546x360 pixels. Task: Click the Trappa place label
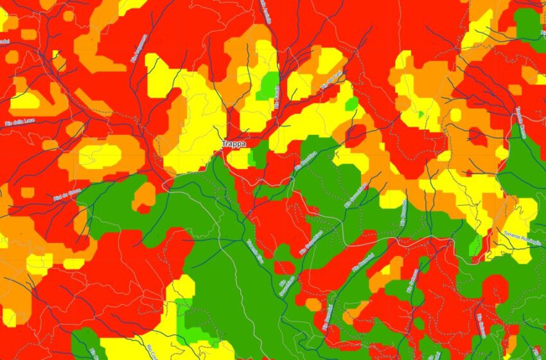pyautogui.click(x=233, y=145)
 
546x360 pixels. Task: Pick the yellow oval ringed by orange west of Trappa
pyautogui.click(x=100, y=156)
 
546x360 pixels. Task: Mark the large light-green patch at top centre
pyautogui.click(x=268, y=85)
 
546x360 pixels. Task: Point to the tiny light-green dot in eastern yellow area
pyautogui.click(x=421, y=114)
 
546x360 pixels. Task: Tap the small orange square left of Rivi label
pyautogui.click(x=28, y=192)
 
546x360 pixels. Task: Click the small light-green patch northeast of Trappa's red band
pyautogui.click(x=351, y=104)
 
